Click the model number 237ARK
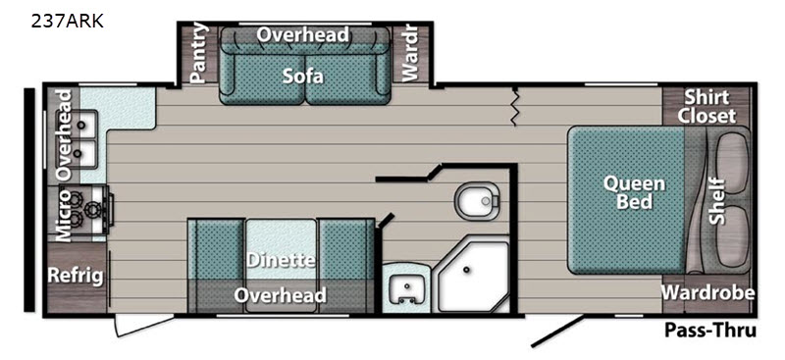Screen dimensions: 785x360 67,22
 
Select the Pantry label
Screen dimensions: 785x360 199,53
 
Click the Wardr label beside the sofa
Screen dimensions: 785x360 409,53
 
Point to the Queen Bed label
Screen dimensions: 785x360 634,192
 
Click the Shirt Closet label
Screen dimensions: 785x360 706,106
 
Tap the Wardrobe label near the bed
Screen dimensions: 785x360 707,292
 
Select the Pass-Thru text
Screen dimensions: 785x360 709,331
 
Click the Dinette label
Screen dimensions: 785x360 281,260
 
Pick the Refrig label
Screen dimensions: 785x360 76,276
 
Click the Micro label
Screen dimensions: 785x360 64,215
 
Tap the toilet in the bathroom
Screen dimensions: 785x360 478,201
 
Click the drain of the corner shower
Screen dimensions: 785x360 467,270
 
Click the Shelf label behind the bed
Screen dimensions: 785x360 717,201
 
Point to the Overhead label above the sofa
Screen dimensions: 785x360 303,34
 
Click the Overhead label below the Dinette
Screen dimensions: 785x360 280,295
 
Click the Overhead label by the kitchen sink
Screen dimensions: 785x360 64,134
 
